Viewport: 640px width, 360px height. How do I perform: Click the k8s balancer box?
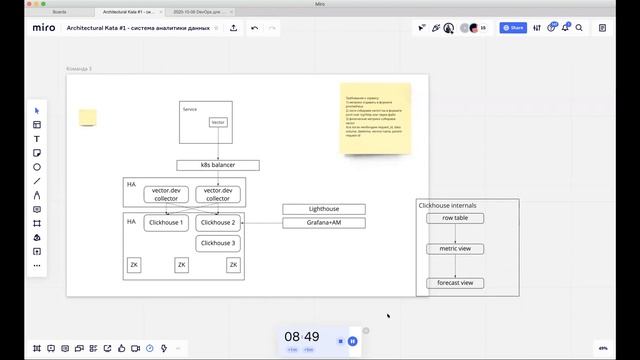click(x=218, y=165)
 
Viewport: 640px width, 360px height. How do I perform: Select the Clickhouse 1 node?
click(x=166, y=223)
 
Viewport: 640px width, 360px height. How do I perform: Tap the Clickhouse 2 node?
click(x=217, y=223)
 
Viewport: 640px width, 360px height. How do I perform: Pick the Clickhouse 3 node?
click(x=217, y=243)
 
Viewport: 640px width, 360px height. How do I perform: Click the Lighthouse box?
click(x=323, y=209)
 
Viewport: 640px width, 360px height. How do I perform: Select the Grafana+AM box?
click(x=323, y=222)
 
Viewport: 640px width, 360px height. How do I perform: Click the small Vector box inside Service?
click(x=218, y=122)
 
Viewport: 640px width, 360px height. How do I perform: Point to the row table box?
click(x=455, y=217)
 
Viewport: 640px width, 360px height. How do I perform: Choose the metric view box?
click(x=455, y=248)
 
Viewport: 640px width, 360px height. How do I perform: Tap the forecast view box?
click(x=455, y=283)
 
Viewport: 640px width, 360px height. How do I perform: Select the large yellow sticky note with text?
click(x=368, y=118)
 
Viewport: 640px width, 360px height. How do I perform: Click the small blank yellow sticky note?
click(x=88, y=118)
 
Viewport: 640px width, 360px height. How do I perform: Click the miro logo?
click(x=43, y=28)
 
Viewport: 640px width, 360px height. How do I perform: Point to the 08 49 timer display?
click(x=301, y=337)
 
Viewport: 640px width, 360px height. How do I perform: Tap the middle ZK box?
click(x=181, y=265)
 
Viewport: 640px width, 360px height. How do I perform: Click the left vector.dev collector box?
click(x=166, y=194)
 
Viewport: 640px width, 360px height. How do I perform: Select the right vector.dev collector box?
click(x=217, y=194)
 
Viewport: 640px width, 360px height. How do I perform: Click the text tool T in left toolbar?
click(x=37, y=139)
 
